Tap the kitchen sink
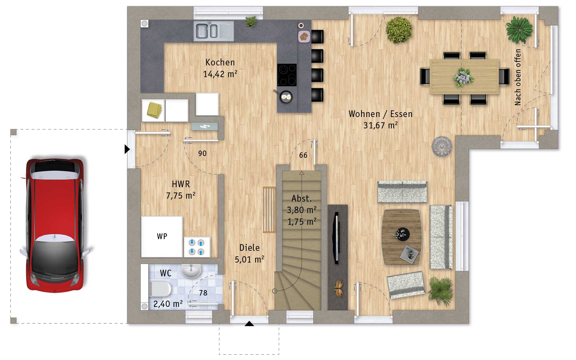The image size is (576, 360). click(x=214, y=31)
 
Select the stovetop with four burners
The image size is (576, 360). click(x=287, y=75)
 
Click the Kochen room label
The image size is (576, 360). click(x=220, y=62)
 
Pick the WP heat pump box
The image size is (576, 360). click(x=162, y=237)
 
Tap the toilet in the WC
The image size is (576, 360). click(x=161, y=289)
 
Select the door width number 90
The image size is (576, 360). click(x=202, y=154)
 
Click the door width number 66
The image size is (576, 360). click(x=303, y=155)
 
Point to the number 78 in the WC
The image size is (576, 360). click(x=203, y=293)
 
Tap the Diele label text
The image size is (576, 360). click(x=250, y=248)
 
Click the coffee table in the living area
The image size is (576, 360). click(x=401, y=237)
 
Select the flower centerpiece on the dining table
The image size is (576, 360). click(x=464, y=77)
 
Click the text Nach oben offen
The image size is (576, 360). click(x=518, y=77)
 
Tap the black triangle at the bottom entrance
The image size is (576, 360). click(x=249, y=323)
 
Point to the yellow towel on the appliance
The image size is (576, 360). click(x=154, y=110)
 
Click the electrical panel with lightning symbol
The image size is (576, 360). click(x=205, y=126)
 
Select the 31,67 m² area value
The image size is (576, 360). click(x=380, y=125)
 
